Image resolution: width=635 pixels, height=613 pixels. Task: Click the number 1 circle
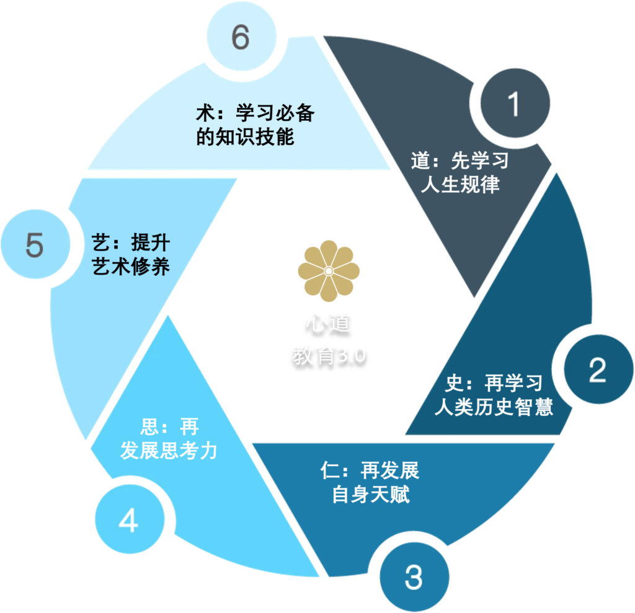[513, 104]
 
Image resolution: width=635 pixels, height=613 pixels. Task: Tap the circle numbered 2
[597, 370]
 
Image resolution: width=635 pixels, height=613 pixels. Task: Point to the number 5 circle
[35, 245]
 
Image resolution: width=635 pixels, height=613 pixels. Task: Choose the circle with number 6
[240, 38]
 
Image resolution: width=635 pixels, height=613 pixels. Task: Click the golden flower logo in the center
[329, 270]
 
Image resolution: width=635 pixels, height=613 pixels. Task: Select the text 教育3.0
[329, 355]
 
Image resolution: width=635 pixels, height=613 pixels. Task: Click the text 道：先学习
[460, 161]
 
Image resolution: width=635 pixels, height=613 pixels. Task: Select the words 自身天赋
[370, 495]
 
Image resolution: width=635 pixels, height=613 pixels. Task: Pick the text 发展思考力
[169, 451]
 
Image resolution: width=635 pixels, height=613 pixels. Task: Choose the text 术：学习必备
[254, 113]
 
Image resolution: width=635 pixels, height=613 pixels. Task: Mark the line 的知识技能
[245, 137]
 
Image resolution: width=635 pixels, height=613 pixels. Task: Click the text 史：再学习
[494, 384]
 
